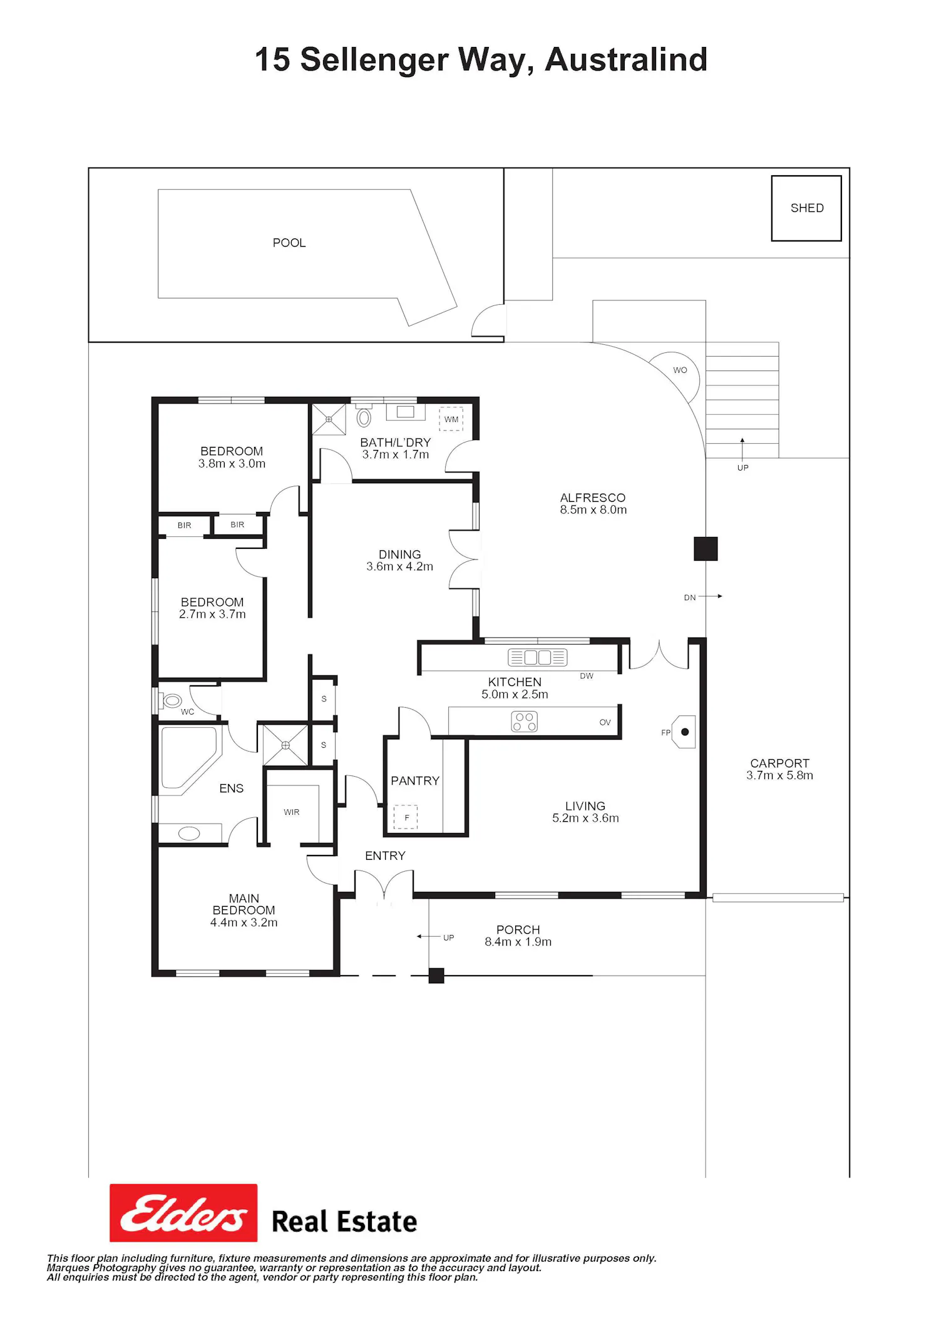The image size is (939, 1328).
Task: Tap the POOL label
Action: point(289,243)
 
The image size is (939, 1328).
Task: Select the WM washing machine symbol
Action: point(451,419)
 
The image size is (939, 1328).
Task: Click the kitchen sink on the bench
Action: point(538,657)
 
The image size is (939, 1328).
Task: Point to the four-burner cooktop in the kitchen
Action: point(525,722)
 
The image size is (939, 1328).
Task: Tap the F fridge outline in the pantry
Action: point(406,817)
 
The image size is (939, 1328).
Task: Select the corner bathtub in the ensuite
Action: point(190,759)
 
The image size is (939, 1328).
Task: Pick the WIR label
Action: point(292,812)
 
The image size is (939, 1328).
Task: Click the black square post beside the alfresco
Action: point(706,549)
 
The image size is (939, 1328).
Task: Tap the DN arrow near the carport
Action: point(711,596)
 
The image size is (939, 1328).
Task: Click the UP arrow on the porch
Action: point(428,937)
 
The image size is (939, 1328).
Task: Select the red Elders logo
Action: point(183,1213)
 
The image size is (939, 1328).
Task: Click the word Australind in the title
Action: point(626,60)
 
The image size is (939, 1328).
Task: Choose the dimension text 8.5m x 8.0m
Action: point(593,510)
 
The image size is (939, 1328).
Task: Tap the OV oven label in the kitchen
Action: point(605,722)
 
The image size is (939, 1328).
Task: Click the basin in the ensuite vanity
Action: point(190,834)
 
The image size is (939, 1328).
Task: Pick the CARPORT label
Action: point(780,764)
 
